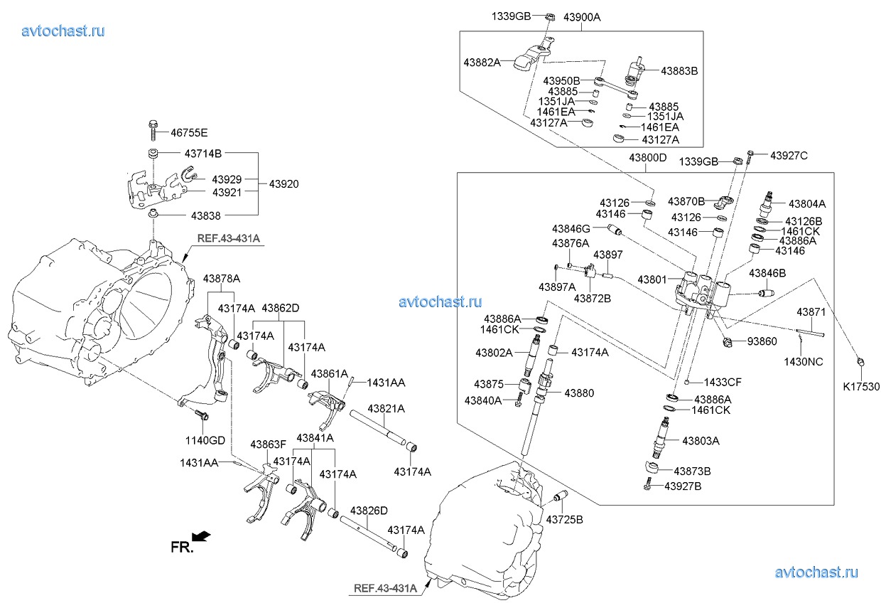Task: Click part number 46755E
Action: pos(188,133)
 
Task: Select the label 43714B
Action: pos(203,153)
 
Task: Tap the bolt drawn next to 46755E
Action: pos(153,130)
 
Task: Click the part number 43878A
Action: pos(222,278)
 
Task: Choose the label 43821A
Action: pos(386,409)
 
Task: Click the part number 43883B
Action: pos(679,71)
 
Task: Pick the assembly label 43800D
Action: pos(647,157)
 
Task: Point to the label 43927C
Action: pos(789,155)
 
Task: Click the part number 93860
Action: pos(762,341)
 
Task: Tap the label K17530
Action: pos(860,386)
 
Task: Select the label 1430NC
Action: pos(804,361)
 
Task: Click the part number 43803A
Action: pos(701,441)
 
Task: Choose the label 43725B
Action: pos(564,520)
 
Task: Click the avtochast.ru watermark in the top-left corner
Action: pos(64,31)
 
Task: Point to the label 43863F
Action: pos(268,444)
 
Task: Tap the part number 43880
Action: pos(580,393)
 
